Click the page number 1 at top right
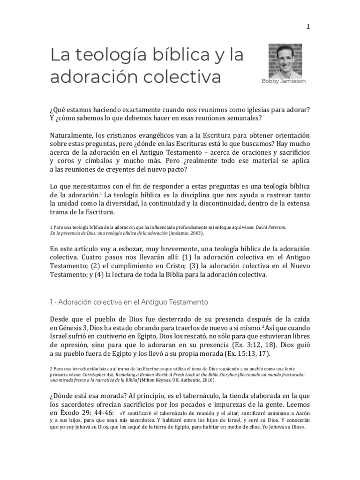tap(308, 27)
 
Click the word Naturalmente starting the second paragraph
tap(71, 135)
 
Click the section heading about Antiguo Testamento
tap(129, 302)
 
